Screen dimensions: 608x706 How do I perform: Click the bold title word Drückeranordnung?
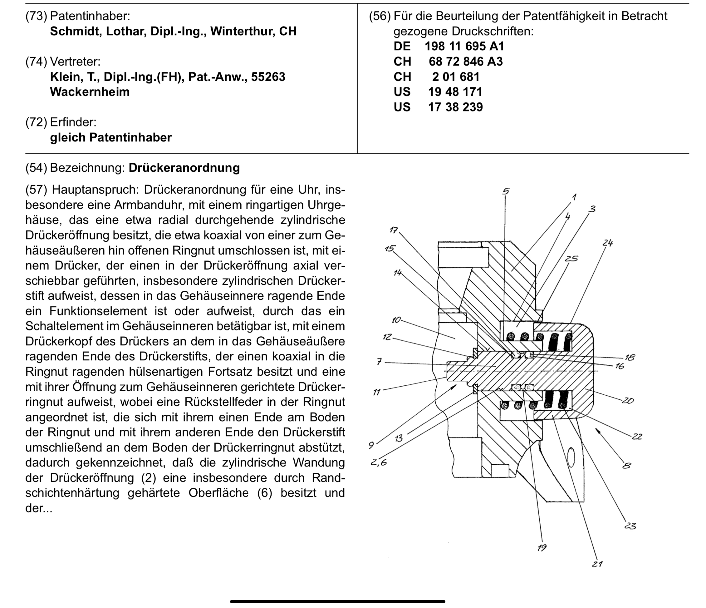[184, 168]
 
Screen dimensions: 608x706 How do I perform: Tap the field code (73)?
[36, 16]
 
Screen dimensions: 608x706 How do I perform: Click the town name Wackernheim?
[90, 92]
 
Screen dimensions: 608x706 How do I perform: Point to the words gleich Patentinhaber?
[111, 137]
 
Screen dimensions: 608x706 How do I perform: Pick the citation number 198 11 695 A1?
[464, 47]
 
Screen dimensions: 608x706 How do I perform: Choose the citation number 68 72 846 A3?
[465, 62]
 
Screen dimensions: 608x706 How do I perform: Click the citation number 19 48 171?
[455, 92]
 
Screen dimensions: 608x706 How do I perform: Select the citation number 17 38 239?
[455, 107]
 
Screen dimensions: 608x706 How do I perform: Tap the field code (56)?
[380, 16]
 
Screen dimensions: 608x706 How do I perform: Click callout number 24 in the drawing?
[607, 243]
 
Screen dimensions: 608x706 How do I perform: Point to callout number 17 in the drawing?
[394, 230]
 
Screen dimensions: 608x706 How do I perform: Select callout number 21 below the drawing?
[597, 564]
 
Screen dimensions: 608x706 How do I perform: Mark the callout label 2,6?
[379, 463]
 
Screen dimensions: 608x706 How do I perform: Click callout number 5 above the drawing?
[506, 191]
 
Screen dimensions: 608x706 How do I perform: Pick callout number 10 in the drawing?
[396, 320]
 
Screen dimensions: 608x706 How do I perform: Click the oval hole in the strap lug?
[571, 456]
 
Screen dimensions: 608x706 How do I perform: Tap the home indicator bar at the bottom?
[337, 601]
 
